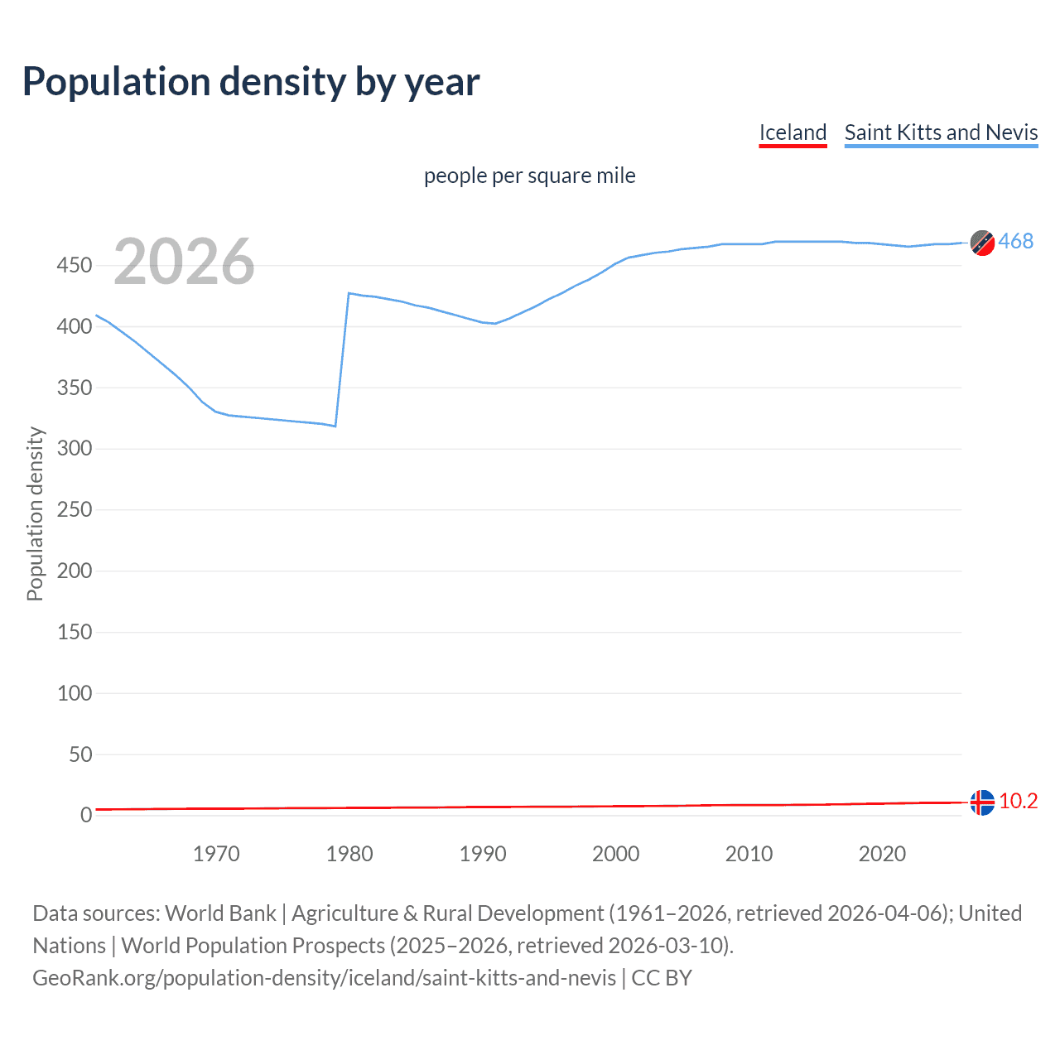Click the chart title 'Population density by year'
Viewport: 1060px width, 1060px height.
tap(251, 82)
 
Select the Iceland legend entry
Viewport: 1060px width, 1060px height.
tap(793, 132)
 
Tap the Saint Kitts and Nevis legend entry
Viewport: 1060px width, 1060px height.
tap(941, 132)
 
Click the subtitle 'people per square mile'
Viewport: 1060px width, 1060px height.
tap(529, 176)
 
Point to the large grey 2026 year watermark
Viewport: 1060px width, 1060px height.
tap(184, 262)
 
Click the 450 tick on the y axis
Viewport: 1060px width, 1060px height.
tap(74, 266)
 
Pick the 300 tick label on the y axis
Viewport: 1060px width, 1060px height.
tap(74, 449)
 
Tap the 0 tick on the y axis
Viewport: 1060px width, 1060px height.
tap(85, 816)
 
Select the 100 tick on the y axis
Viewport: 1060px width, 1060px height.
tap(74, 693)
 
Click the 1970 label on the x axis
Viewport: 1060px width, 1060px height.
tap(216, 854)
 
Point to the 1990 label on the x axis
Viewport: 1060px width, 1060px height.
tap(483, 854)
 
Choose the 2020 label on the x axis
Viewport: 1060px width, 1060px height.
tap(882, 854)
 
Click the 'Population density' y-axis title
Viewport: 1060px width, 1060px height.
tap(35, 513)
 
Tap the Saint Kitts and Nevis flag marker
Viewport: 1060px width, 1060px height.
tap(982, 243)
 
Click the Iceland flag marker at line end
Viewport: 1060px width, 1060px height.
tap(982, 802)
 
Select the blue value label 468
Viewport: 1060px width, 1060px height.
tap(1015, 241)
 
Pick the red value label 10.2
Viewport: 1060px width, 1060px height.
tap(1018, 801)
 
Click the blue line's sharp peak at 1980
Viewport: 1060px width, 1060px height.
tap(349, 293)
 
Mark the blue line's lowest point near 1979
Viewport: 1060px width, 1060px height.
tap(335, 426)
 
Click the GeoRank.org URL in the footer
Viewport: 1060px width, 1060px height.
tap(324, 978)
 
